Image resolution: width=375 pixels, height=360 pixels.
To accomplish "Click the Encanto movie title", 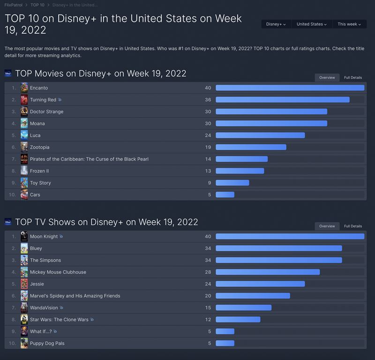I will coord(39,88).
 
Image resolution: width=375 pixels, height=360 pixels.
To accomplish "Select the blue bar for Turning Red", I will coord(282,100).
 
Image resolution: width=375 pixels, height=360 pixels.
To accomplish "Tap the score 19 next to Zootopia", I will coord(208,147).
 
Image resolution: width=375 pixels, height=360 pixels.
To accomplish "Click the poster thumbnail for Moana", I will coord(24,124).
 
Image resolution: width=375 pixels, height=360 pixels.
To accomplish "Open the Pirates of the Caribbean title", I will coord(89,159).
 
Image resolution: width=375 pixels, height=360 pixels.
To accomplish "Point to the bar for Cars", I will coord(225,195).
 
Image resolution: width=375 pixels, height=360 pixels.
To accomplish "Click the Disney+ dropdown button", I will coord(276,24).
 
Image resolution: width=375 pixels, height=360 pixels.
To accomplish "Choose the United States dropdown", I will coord(312,24).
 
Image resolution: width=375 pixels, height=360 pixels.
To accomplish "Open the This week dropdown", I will coord(349,24).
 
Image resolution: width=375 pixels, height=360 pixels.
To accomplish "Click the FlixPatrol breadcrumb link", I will coord(14,5).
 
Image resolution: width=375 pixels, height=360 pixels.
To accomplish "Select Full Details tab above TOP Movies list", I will coord(353,78).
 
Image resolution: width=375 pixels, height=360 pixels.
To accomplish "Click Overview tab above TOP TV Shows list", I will coord(327,226).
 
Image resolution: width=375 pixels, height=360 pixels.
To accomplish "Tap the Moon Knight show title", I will coord(44,236).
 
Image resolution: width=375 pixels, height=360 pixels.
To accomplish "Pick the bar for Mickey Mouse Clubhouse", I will coord(268,272).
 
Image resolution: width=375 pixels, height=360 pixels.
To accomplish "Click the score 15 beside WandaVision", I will coord(208,308).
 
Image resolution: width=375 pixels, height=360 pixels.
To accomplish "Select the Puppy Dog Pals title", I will coord(47,343).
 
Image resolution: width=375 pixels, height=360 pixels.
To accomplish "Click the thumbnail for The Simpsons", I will coord(24,260).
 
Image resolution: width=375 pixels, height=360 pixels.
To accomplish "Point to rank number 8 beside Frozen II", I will coord(14,171).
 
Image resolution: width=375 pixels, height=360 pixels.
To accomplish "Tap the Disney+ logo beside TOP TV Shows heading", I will coord(8,222).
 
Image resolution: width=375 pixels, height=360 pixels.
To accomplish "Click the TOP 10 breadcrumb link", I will coord(37,5).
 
